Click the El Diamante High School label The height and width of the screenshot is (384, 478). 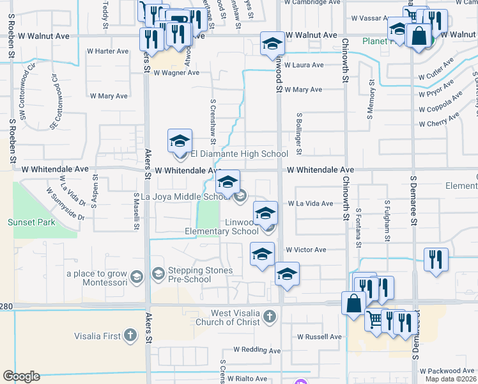[x=239, y=154]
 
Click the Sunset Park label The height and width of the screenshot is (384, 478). [x=31, y=222]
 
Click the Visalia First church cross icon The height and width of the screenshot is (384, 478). [x=130, y=335]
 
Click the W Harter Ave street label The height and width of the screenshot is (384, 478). [x=108, y=51]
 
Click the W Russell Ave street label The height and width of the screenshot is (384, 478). [x=320, y=337]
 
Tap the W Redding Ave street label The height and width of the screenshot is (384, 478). [x=255, y=349]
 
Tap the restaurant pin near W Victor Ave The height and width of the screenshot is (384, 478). [x=436, y=260]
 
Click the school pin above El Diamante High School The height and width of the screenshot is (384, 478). [x=180, y=140]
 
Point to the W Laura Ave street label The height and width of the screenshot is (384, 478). [x=304, y=65]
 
